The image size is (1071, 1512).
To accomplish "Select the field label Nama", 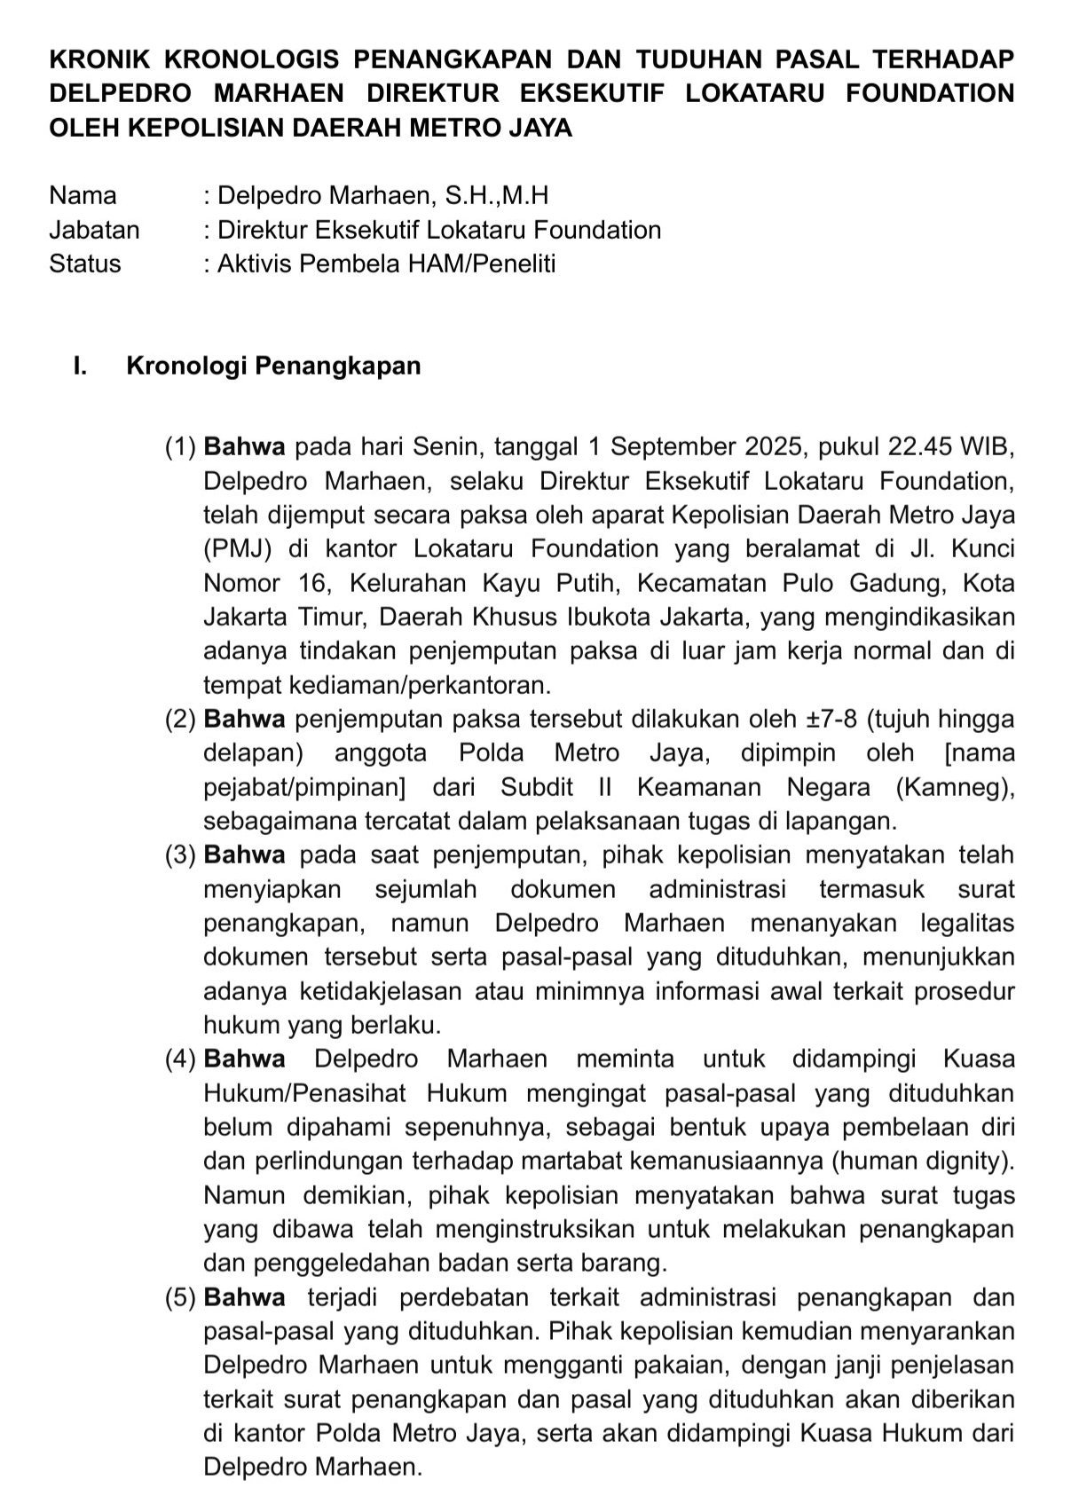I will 83,195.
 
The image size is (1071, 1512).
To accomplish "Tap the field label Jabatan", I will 94,230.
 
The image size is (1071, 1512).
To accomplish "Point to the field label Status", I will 85,264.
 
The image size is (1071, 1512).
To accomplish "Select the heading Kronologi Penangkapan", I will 274,366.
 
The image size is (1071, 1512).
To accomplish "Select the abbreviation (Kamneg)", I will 954,787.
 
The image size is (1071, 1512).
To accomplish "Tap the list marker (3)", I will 180,855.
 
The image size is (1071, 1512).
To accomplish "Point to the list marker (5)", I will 180,1297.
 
